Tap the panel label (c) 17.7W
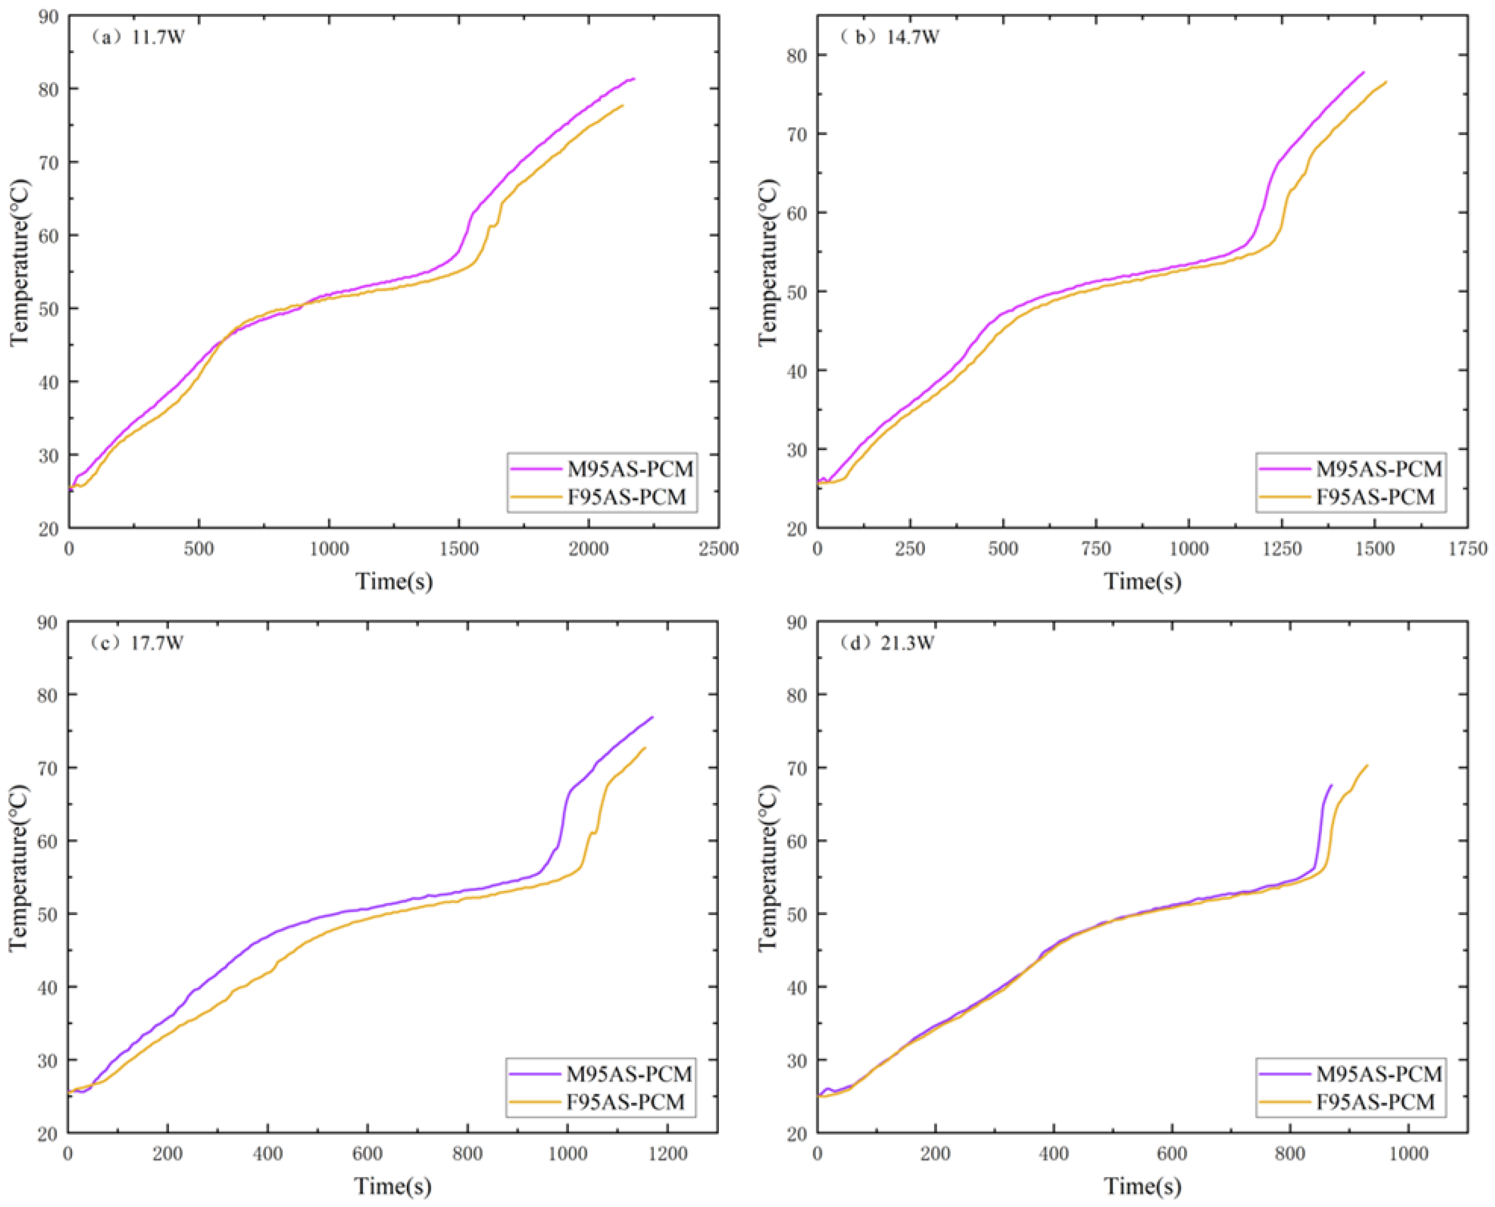click(x=136, y=643)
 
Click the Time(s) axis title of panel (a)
click(x=394, y=581)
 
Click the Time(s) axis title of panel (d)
click(x=1142, y=1186)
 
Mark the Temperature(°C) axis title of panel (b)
click(x=769, y=262)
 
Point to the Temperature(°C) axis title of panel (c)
click(x=20, y=867)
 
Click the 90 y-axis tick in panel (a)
click(x=48, y=16)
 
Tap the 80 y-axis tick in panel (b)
click(x=797, y=55)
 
